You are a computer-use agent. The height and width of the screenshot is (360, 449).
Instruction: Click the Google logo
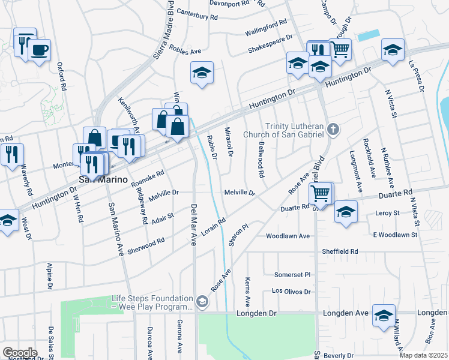[20, 353]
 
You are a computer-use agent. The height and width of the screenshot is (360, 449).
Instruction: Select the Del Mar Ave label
[194, 223]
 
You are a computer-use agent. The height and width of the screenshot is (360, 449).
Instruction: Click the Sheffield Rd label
[340, 251]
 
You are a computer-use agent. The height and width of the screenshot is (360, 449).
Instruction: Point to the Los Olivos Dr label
[291, 292]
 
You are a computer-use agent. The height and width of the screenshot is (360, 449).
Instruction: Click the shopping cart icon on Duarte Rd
[321, 193]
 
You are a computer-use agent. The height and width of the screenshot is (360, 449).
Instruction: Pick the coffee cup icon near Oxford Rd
[40, 50]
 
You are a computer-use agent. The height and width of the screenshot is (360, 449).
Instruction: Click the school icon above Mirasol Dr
[202, 73]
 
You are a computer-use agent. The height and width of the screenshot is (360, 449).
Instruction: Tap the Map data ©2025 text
[423, 355]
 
